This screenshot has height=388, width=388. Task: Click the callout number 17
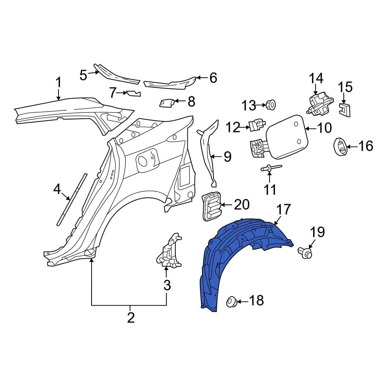click(283, 210)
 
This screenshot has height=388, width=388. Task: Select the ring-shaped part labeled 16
click(340, 147)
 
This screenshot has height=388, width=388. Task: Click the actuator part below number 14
click(319, 104)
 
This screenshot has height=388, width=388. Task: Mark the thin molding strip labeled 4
click(72, 200)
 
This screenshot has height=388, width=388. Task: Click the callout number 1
click(58, 83)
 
